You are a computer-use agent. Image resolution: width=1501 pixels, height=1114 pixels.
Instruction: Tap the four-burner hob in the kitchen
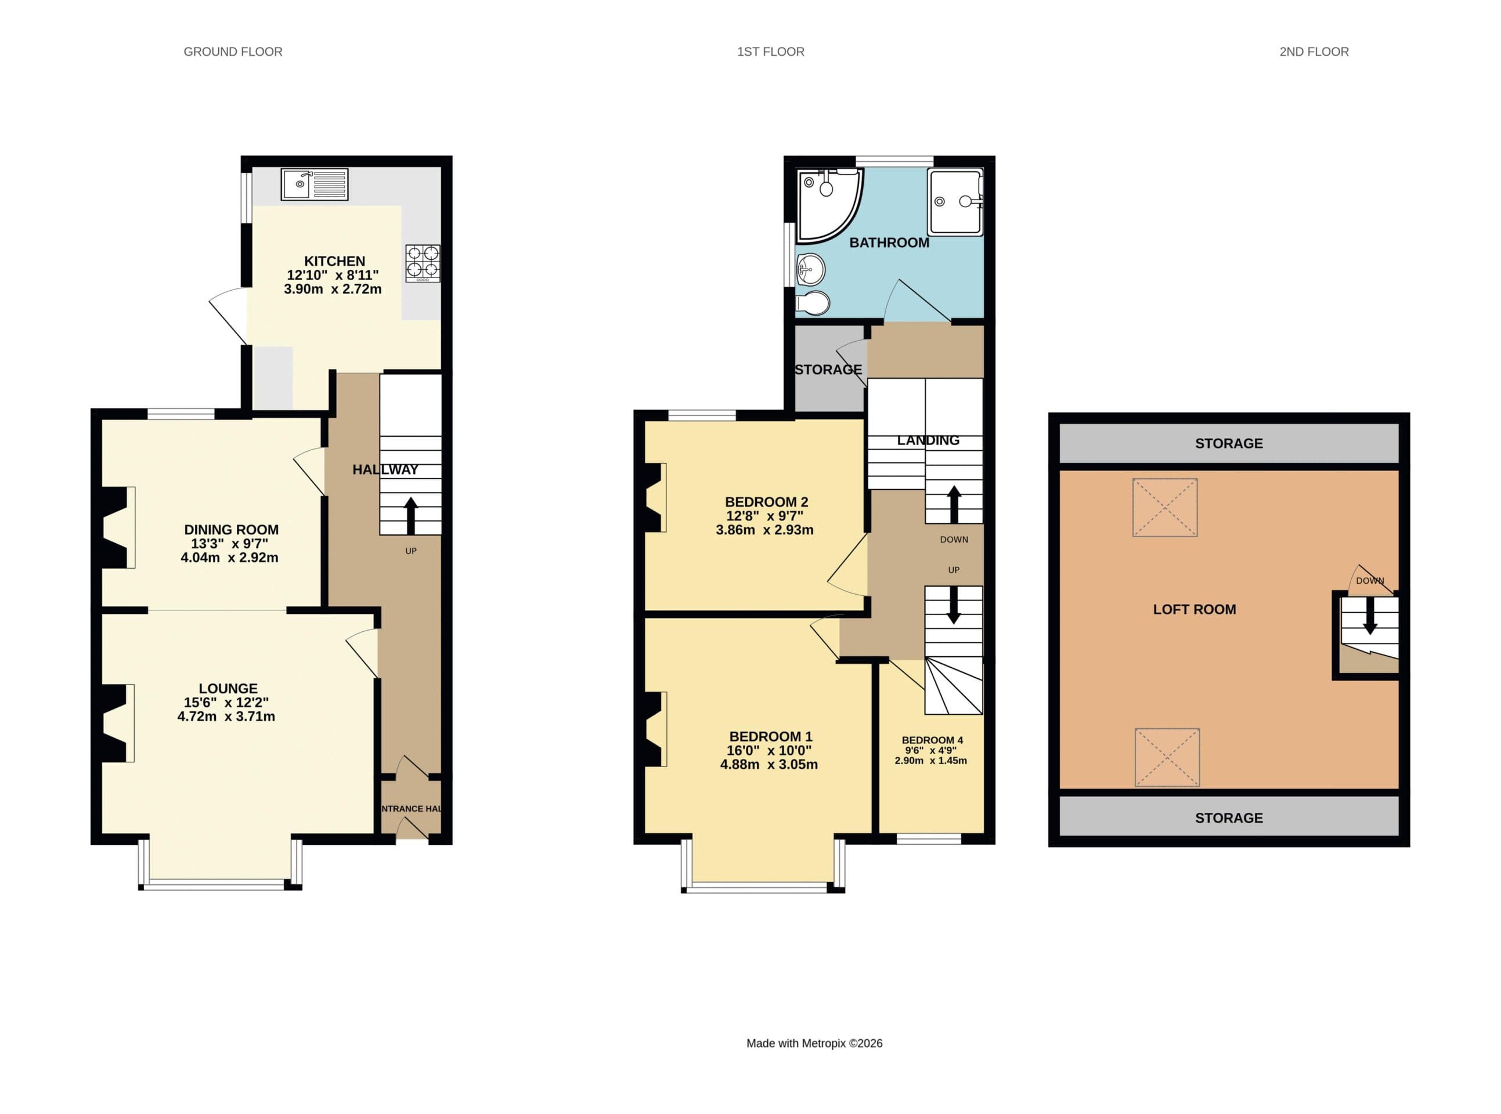tap(423, 263)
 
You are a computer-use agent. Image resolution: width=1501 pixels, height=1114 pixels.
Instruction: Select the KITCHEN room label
tap(334, 261)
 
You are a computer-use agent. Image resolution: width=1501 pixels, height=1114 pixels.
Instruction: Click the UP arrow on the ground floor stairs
tap(410, 515)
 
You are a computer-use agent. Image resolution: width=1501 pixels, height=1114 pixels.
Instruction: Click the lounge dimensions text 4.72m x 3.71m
tap(226, 716)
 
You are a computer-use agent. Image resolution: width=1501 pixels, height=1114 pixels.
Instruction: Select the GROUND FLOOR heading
tap(233, 52)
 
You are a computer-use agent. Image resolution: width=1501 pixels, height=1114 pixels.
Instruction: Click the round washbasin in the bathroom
tap(810, 270)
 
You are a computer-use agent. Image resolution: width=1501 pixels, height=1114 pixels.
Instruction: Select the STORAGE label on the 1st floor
tap(828, 370)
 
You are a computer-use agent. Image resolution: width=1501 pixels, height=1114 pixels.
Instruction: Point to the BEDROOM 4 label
tap(932, 740)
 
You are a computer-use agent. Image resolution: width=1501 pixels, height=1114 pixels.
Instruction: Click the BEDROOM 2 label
tap(766, 502)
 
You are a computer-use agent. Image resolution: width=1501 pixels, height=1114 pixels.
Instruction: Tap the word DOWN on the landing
tap(953, 540)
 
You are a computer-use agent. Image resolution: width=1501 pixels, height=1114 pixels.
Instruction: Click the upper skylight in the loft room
tap(1164, 507)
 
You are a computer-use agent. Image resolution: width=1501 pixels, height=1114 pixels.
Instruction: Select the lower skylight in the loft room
tap(1167, 757)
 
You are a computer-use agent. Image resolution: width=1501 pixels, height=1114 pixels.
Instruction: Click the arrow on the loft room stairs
tap(1369, 616)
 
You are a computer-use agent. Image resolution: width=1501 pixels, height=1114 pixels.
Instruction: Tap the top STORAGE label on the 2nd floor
tap(1228, 443)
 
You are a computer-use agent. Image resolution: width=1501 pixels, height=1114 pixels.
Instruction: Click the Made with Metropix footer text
tap(814, 1043)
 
